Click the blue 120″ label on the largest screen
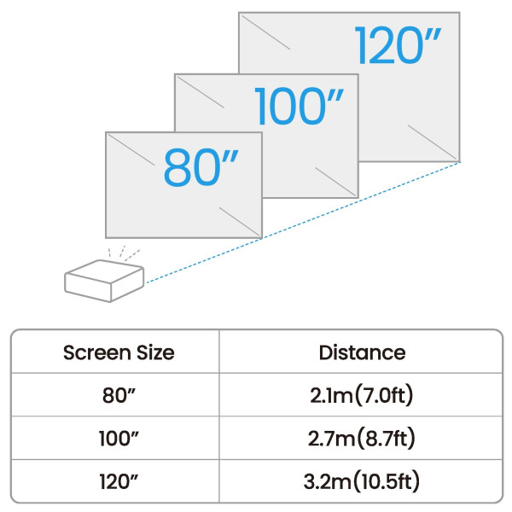pyautogui.click(x=398, y=45)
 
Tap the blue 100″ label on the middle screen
pyautogui.click(x=300, y=106)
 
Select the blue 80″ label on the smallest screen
pyautogui.click(x=201, y=167)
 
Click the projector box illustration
pyautogui.click(x=104, y=281)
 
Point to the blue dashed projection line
pyautogui.click(x=303, y=223)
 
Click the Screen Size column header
pyautogui.click(x=119, y=352)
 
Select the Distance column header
pyautogui.click(x=362, y=352)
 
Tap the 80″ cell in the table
pyautogui.click(x=119, y=395)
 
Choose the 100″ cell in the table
pyautogui.click(x=119, y=439)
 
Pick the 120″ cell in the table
pyautogui.click(x=119, y=481)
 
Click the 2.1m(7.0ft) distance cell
pyautogui.click(x=362, y=395)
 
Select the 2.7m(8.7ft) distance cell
pyautogui.click(x=362, y=439)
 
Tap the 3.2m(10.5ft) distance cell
pyautogui.click(x=362, y=481)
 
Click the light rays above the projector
pyautogui.click(x=124, y=253)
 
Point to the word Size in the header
pyautogui.click(x=155, y=352)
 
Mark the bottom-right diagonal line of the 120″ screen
pyautogui.click(x=433, y=143)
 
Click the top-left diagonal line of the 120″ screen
pyautogui.click(x=265, y=32)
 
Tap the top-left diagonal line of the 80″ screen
pyautogui.click(x=131, y=150)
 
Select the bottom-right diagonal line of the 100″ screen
pyautogui.click(x=335, y=182)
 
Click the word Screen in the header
pyautogui.click(x=97, y=352)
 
